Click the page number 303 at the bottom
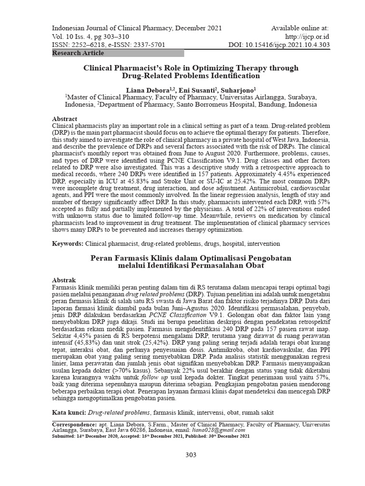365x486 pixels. (x=191, y=455)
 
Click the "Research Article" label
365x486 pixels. (x=78, y=53)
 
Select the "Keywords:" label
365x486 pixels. (x=68, y=243)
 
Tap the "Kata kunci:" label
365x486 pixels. (x=69, y=412)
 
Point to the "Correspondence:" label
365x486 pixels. (x=74, y=423)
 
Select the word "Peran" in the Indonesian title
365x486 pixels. (x=101, y=258)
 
